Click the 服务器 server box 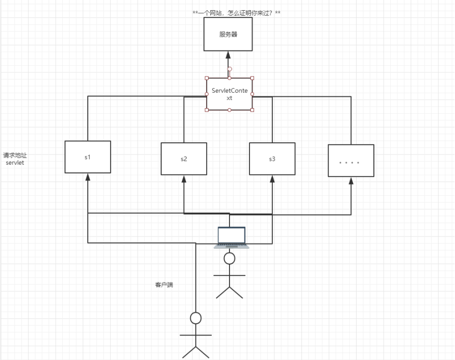click(x=228, y=34)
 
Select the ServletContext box click(x=230, y=94)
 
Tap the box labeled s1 click(x=88, y=157)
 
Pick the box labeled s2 click(x=184, y=159)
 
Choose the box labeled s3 click(x=272, y=159)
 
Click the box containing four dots click(x=350, y=161)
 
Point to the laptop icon click(x=232, y=237)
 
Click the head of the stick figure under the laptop click(x=230, y=259)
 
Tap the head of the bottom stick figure click(x=196, y=318)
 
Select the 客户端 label click(x=164, y=285)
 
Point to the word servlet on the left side click(x=15, y=163)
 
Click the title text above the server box click(x=236, y=12)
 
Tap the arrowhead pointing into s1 click(x=88, y=177)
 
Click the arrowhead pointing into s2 click(x=184, y=179)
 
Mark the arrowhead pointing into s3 click(x=272, y=179)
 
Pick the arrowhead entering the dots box click(x=350, y=181)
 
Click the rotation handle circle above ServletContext click(x=230, y=69)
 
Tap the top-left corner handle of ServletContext click(x=207, y=78)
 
